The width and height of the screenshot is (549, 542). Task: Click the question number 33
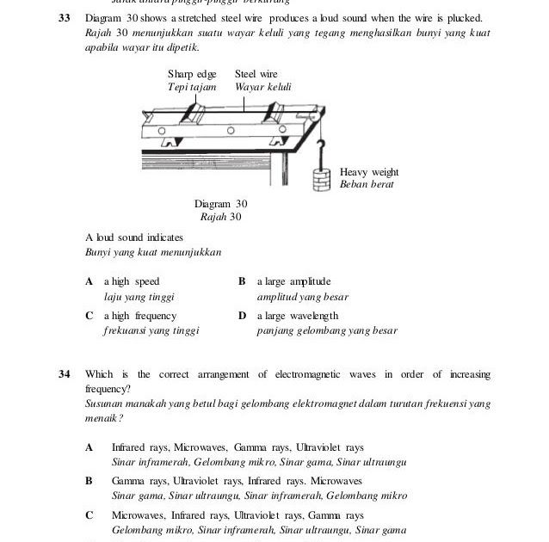coord(64,18)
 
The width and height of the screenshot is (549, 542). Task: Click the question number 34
coord(64,374)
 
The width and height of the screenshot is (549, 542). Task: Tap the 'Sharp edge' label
coord(192,75)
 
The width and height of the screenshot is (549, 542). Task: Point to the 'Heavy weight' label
coord(369,172)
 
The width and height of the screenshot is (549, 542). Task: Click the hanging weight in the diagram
coord(321,180)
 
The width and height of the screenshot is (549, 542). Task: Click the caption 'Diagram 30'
coord(220,204)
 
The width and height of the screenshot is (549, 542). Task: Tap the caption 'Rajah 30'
coord(220,217)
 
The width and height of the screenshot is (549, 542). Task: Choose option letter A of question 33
coord(89,281)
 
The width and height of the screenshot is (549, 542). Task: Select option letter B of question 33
coord(242,281)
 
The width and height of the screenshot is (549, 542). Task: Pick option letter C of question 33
coord(89,316)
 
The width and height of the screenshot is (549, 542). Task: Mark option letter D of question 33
coord(243,316)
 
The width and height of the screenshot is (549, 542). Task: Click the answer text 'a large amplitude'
coord(293,281)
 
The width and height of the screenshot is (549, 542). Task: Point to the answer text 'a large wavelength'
coord(297,316)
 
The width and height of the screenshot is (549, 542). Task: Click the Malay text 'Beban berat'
coord(367,185)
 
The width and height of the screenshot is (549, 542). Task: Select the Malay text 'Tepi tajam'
coord(191,87)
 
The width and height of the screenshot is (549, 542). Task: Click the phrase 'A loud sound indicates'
coord(134,237)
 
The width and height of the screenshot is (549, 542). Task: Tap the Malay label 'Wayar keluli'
coord(262,87)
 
